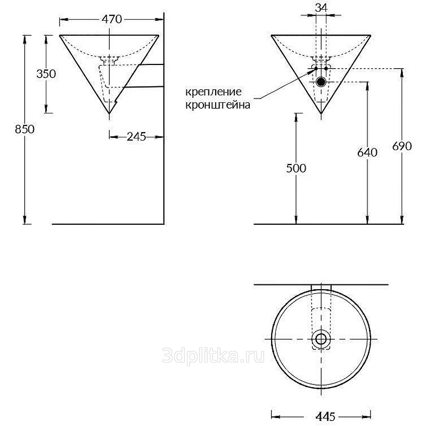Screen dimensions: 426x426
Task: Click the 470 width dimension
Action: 112,19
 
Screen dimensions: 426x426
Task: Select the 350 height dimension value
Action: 46,73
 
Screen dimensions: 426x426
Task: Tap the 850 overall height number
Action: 24,129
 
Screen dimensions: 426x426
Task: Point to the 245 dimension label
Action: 136,137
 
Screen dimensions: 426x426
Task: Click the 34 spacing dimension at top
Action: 321,7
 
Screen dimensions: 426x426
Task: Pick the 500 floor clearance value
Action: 296,168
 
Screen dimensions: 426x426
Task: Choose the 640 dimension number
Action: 367,152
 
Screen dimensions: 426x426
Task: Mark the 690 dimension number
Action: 402,146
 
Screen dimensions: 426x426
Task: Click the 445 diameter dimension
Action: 325,416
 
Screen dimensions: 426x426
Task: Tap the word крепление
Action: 214,92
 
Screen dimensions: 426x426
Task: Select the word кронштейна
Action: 218,105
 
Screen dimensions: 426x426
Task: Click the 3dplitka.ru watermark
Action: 214,356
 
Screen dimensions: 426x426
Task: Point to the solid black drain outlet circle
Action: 321,81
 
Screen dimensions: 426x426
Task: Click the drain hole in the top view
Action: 321,339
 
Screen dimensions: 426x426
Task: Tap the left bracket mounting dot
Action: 316,69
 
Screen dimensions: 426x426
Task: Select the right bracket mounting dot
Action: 326,69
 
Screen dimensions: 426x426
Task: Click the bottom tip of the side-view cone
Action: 109,113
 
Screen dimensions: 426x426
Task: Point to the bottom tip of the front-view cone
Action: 322,113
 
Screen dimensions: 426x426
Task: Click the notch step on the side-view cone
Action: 116,102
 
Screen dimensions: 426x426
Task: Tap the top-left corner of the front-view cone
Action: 272,35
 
